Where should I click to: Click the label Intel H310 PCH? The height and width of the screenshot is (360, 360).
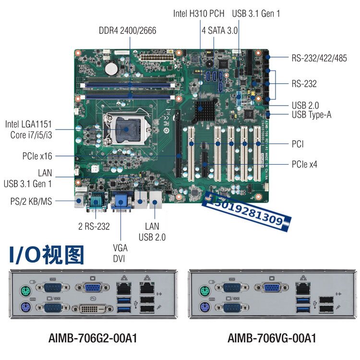point(199,13)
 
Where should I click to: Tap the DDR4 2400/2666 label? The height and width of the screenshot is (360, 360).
point(127,31)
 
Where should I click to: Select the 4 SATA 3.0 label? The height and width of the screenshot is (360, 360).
point(220,31)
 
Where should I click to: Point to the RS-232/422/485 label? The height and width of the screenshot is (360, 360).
point(319,58)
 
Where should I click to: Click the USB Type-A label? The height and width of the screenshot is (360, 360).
point(312,115)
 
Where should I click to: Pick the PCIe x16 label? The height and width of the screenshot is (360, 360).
point(37,156)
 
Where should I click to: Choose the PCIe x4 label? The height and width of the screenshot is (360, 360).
point(304,164)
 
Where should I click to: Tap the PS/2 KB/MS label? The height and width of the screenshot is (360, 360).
point(31,201)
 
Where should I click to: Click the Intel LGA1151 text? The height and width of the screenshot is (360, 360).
point(28,124)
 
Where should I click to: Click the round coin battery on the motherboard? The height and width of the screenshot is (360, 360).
point(111,69)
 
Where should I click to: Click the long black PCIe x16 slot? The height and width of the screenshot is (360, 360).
point(178,144)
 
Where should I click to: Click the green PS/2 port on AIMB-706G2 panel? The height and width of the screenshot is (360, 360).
point(26,291)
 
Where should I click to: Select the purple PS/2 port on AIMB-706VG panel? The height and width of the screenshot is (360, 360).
point(204,307)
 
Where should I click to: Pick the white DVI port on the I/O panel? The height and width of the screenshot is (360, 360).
point(93,308)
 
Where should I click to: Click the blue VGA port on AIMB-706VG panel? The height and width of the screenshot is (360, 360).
point(272,288)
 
